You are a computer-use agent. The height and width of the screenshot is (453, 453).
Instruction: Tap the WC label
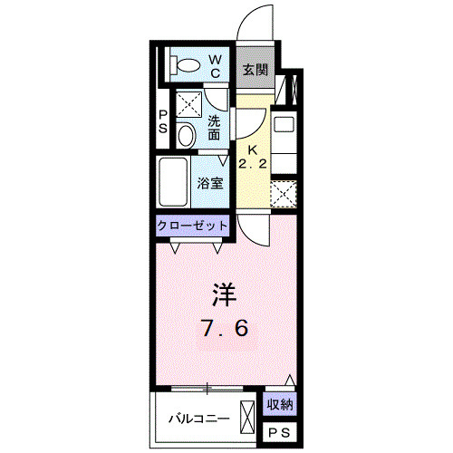(x=217, y=65)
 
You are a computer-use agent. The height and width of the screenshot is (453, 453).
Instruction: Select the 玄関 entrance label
(x=254, y=69)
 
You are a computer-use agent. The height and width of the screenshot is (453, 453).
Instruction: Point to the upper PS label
(x=163, y=121)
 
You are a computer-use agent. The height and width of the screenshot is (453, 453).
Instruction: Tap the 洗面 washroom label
(x=215, y=128)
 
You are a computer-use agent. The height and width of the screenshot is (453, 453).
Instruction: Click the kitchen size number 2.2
(x=255, y=164)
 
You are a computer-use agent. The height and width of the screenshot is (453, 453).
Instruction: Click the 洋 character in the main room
(x=225, y=294)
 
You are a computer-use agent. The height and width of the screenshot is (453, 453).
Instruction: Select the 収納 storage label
(x=280, y=405)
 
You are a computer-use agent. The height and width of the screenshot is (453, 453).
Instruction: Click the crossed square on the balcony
(x=248, y=419)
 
